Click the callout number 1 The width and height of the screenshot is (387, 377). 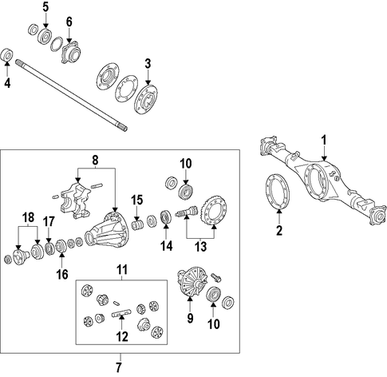click(x=324, y=140)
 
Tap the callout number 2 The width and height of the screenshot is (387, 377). click(x=279, y=230)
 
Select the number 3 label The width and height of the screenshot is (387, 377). click(x=148, y=64)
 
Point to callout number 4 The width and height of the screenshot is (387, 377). click(x=7, y=83)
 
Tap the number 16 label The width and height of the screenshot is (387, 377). click(x=62, y=274)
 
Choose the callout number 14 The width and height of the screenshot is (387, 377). click(x=166, y=246)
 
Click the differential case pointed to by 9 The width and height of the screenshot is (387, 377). click(x=192, y=281)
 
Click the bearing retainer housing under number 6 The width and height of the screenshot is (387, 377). click(x=71, y=52)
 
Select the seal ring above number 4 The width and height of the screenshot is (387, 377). click(x=7, y=55)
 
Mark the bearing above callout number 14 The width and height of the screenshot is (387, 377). click(x=166, y=217)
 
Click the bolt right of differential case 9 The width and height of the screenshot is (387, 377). click(x=217, y=277)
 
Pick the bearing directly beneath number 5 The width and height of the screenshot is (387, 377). click(x=45, y=35)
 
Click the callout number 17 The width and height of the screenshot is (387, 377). click(x=49, y=221)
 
